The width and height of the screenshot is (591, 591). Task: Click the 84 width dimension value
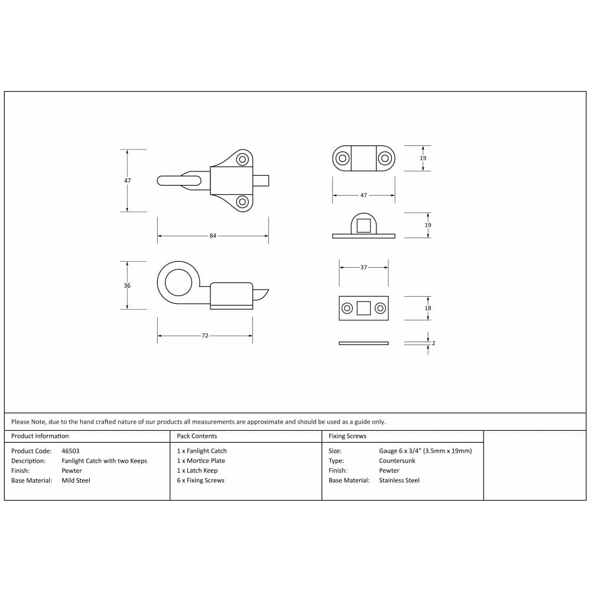pos(213,236)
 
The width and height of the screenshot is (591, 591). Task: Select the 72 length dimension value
pos(204,336)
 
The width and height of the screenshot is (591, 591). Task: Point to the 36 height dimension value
pos(127,285)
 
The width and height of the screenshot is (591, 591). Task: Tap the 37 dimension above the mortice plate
pos(363,267)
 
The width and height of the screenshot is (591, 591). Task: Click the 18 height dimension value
pos(428,308)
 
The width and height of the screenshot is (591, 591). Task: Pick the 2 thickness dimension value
pos(433,343)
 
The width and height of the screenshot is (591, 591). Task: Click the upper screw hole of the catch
pos(242,159)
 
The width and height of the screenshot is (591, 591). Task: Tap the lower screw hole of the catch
pos(242,202)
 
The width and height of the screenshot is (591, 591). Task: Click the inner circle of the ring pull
pos(178,282)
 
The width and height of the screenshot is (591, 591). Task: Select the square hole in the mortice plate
pos(363,309)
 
